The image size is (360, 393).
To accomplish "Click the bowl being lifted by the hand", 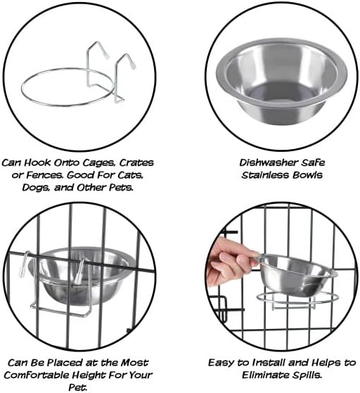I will (x=295, y=273).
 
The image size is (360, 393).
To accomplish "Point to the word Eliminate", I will (x=271, y=375).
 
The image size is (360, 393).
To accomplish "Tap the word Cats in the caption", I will (x=139, y=175).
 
